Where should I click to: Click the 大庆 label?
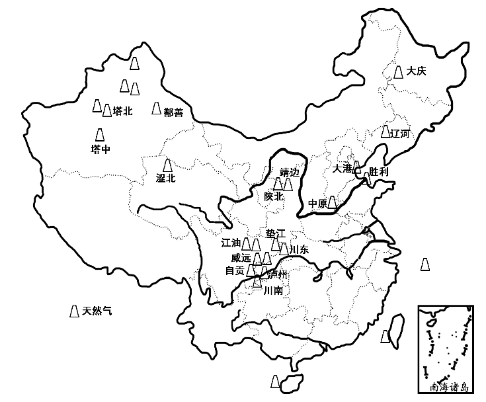[x=417, y=71]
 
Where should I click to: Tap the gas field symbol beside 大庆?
[x=399, y=71]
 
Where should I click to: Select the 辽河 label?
[x=401, y=134]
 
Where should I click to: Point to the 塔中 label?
[x=101, y=149]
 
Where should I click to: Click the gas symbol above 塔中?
[x=100, y=134]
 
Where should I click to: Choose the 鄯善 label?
[x=173, y=112]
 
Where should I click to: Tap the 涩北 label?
[x=165, y=178]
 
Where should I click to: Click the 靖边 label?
[x=290, y=172]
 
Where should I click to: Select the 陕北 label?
[x=274, y=196]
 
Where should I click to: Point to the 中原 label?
[x=317, y=203]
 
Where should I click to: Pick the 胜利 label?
[x=379, y=172]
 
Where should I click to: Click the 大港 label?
[x=343, y=169]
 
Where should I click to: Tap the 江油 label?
[x=231, y=243]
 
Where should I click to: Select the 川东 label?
[x=300, y=249]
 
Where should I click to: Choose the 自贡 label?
[x=235, y=270]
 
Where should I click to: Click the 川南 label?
[x=273, y=290]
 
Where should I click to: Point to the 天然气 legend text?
[x=97, y=309]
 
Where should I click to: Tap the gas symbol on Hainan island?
[x=275, y=382]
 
